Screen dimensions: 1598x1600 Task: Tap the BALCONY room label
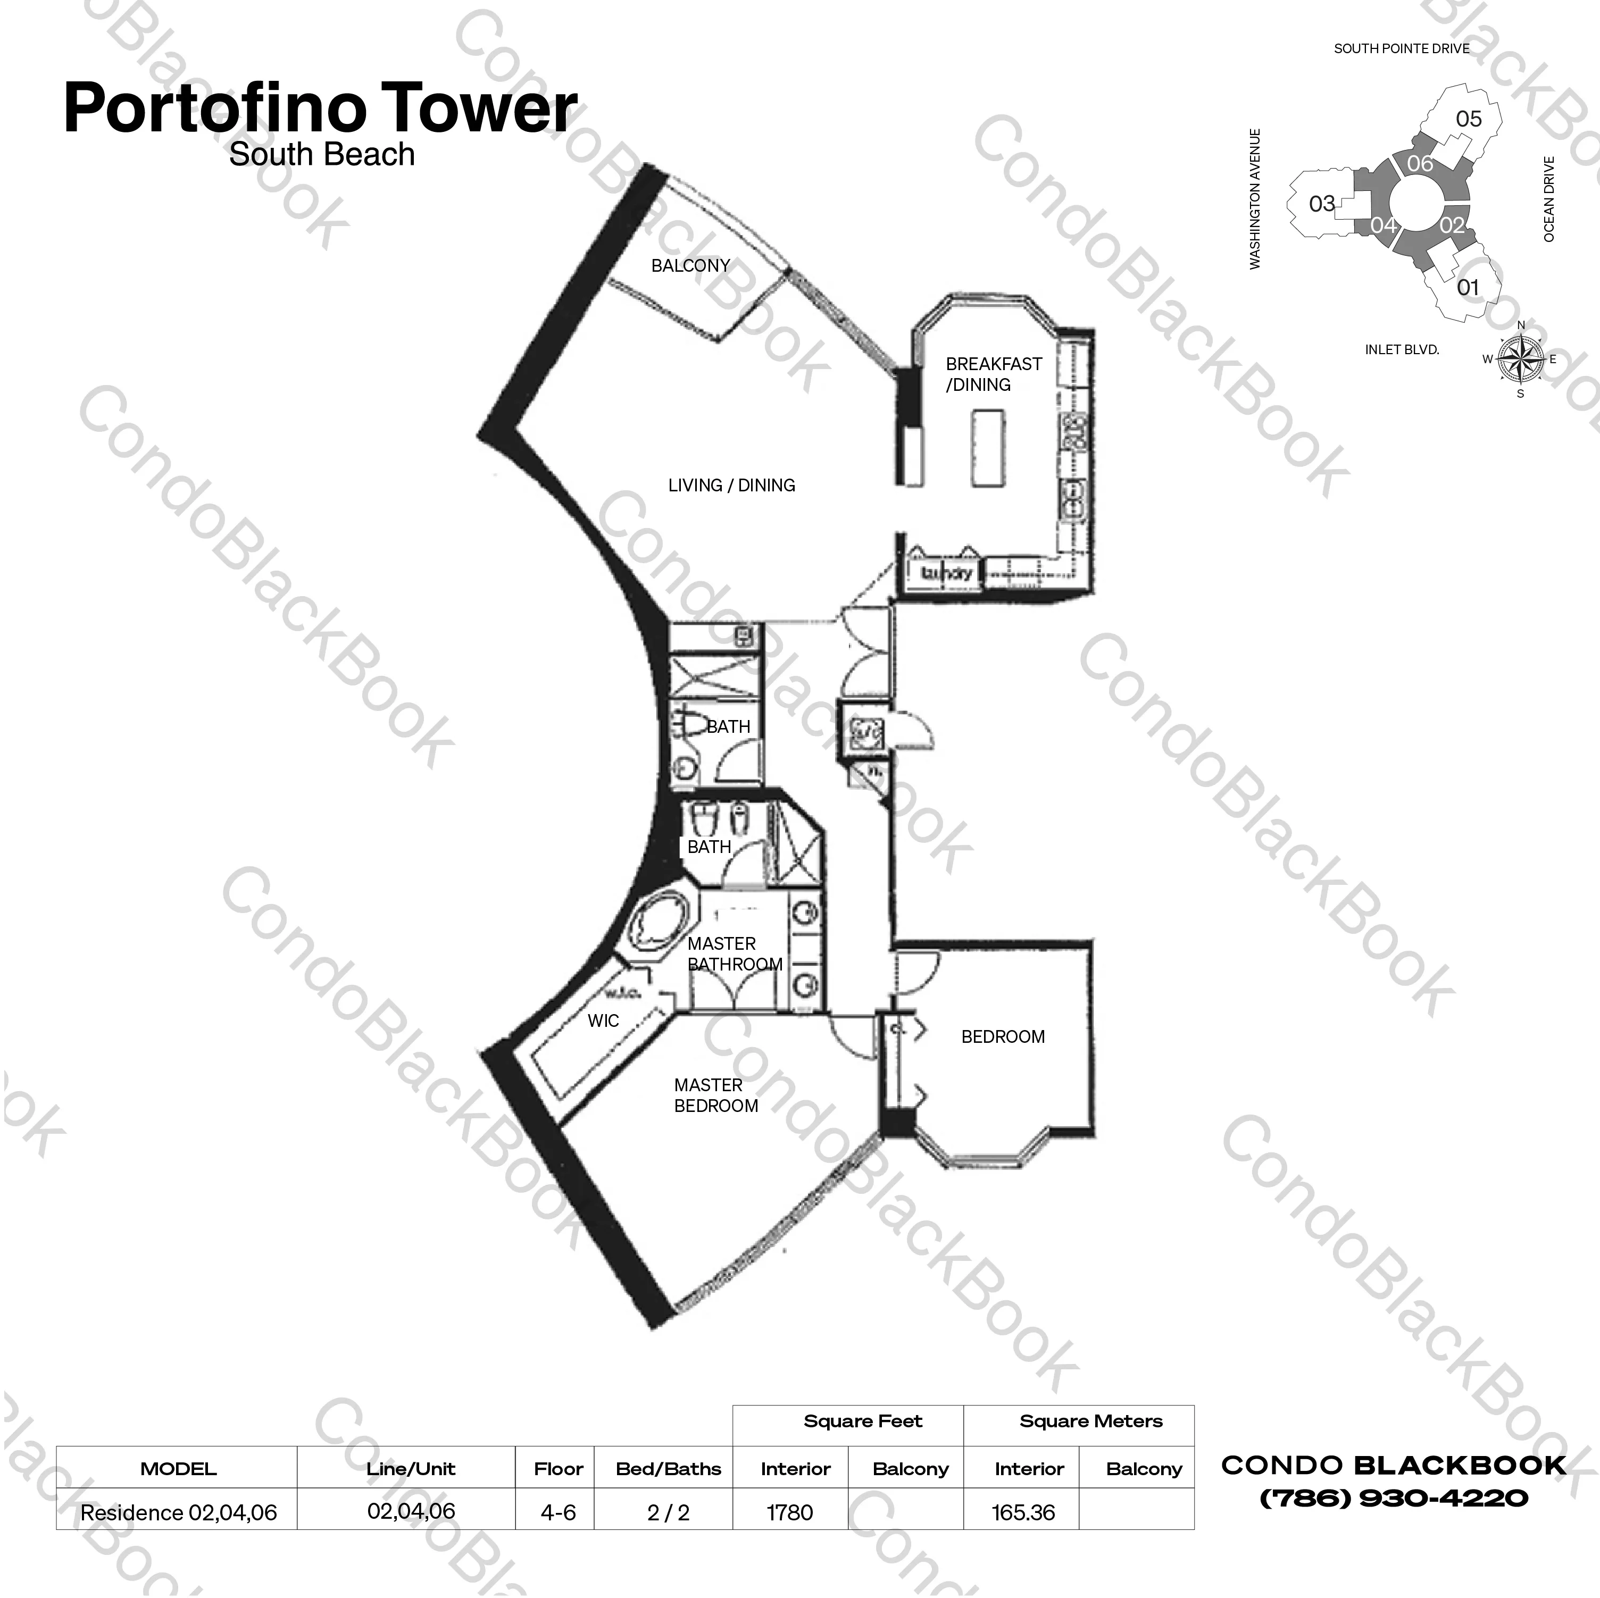[690, 266]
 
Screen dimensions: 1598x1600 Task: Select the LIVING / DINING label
[731, 485]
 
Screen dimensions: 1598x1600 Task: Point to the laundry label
[945, 572]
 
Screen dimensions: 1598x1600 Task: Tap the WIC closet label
[603, 1021]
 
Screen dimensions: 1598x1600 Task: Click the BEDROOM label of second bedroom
[1003, 1036]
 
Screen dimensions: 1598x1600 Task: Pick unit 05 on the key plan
[1468, 119]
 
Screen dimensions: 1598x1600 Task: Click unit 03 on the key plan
[1322, 204]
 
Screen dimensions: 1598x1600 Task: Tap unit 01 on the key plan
[1468, 287]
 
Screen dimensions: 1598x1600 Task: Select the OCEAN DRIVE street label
[1548, 199]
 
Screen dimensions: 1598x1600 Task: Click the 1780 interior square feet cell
[790, 1513]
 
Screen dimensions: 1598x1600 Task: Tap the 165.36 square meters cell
[1023, 1513]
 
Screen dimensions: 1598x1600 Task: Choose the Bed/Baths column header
[668, 1469]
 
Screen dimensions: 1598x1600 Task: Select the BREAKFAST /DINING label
[993, 374]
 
